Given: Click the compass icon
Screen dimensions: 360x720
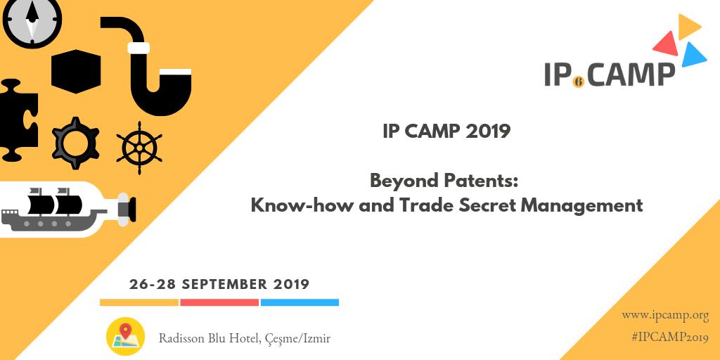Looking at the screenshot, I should click(32, 21).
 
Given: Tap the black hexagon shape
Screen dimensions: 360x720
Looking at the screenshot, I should click(76, 71).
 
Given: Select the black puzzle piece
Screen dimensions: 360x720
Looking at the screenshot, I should click(17, 120).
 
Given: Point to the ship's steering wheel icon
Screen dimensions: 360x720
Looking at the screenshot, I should click(139, 147).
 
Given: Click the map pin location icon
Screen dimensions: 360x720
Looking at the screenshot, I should click(125, 336).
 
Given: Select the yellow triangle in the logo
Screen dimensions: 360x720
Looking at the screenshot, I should click(688, 27).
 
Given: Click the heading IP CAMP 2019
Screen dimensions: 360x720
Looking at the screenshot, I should click(446, 131).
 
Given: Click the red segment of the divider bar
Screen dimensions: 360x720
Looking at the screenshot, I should click(219, 302).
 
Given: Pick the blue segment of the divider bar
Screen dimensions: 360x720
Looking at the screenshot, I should click(300, 302).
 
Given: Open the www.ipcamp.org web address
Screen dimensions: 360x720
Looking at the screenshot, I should click(664, 316).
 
